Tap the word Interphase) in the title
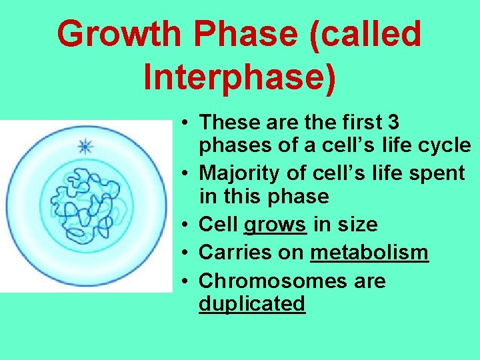(x=239, y=78)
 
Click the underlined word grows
(x=275, y=225)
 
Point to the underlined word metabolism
(x=369, y=253)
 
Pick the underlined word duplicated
(x=252, y=304)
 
